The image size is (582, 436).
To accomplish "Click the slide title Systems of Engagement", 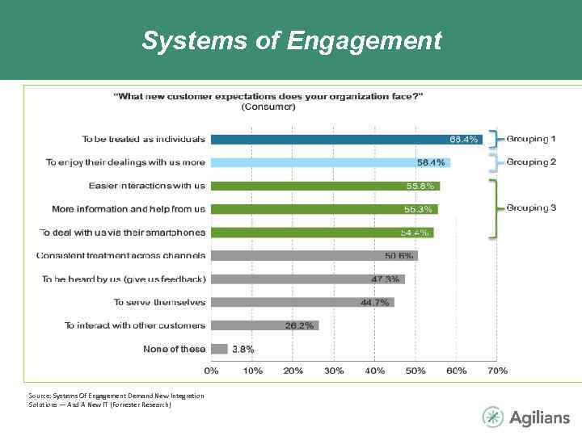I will pos(291,40).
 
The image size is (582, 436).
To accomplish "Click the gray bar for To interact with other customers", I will pos(264,325).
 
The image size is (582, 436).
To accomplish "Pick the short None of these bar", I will pos(218,349).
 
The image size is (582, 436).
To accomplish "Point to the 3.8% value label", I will pos(243,350).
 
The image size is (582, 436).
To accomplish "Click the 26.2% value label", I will pos(300,325).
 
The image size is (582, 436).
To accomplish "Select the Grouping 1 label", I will pos(531,140).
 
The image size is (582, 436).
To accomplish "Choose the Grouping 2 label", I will pos(531,162).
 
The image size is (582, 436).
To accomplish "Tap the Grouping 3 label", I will pos(531,208).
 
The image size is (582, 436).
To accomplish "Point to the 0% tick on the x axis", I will pos(211,370).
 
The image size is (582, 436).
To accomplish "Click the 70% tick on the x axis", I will pos(498,370).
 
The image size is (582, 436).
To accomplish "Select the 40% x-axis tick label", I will pos(375,370).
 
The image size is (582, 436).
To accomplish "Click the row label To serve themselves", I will pos(159,303).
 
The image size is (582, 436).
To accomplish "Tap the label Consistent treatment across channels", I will pos(121,256).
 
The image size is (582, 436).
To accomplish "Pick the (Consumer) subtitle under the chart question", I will pos(268,106).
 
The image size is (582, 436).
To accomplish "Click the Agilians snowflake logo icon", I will pos(492,417).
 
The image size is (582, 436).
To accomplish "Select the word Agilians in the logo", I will pos(539,417).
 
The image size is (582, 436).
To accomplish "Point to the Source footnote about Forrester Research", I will pos(116,400).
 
